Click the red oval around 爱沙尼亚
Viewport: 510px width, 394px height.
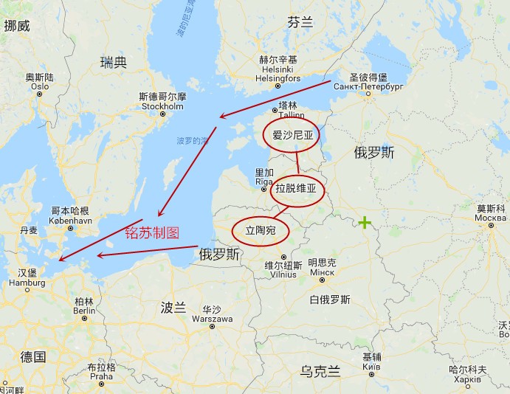(x=293, y=135)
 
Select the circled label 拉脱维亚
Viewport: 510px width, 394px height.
(x=295, y=188)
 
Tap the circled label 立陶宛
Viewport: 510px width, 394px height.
(x=260, y=231)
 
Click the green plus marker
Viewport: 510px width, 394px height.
(x=365, y=222)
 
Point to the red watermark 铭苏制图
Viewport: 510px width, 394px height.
(x=151, y=232)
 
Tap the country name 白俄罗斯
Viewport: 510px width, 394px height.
(x=330, y=300)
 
